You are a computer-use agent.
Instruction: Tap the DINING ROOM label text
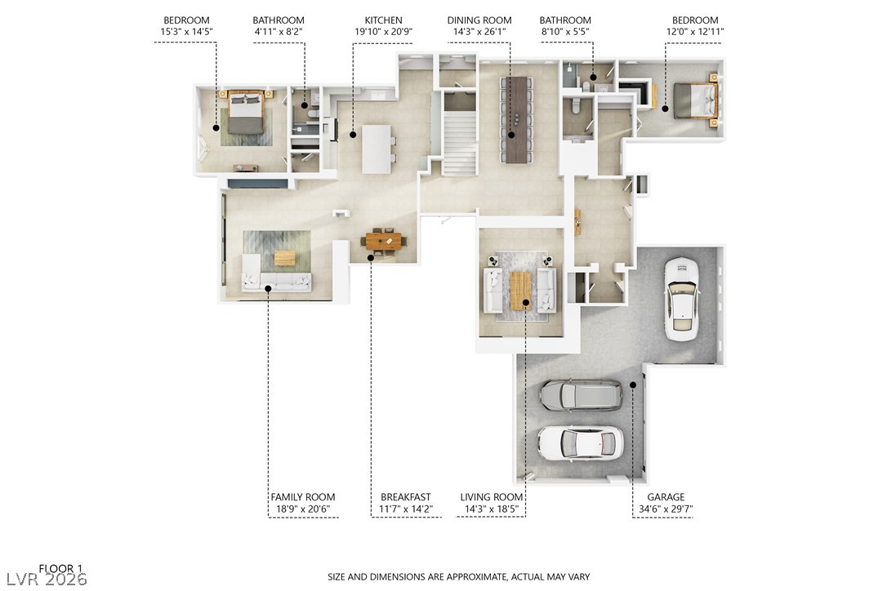[x=479, y=20]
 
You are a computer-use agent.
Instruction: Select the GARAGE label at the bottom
[x=666, y=497]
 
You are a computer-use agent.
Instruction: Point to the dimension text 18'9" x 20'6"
[x=302, y=509]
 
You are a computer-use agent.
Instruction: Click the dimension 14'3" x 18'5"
[x=491, y=509]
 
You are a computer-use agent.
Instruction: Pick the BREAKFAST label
[x=405, y=497]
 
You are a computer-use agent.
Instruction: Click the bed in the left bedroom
[x=244, y=113]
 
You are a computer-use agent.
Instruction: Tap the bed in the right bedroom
[x=693, y=101]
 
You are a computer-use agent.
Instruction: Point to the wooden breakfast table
[x=384, y=240]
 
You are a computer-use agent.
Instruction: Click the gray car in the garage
[x=580, y=395]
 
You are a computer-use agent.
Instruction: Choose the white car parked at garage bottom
[x=580, y=442]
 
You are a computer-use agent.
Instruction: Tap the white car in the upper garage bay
[x=681, y=299]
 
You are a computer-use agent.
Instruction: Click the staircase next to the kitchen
[x=460, y=139]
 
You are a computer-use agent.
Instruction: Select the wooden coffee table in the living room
[x=520, y=290]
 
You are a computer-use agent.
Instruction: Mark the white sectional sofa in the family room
[x=276, y=281]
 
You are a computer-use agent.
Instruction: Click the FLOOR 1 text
[x=61, y=568]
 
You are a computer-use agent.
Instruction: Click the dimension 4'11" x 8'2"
[x=278, y=32]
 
